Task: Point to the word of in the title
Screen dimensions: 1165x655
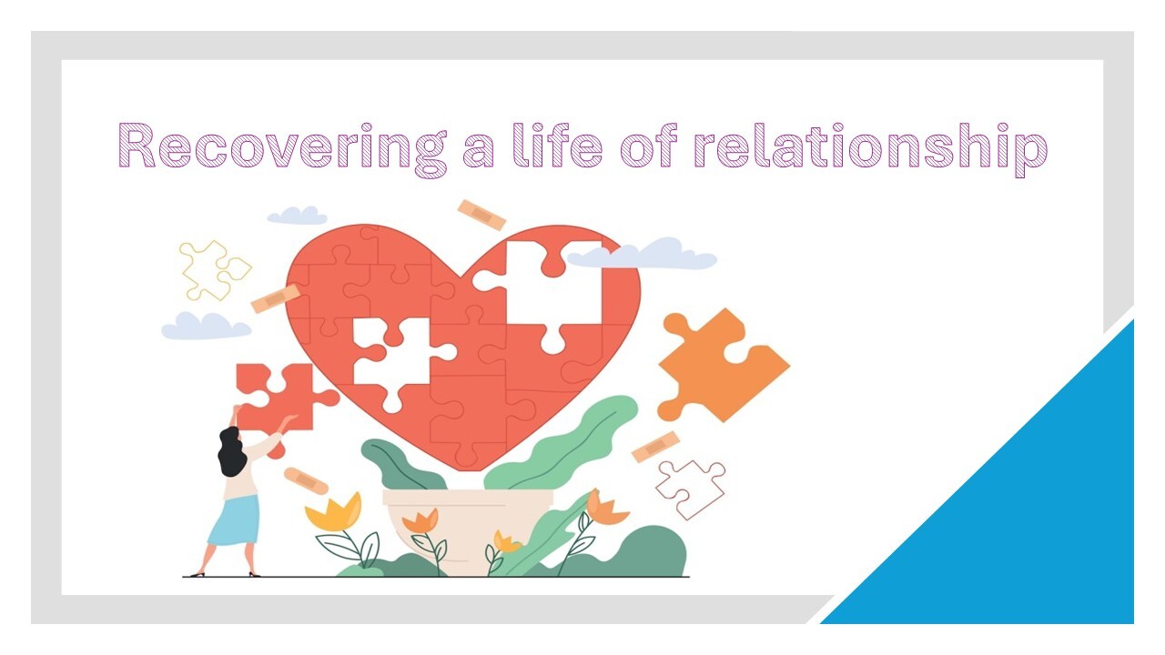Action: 649,145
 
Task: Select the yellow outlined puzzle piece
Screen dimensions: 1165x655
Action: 213,270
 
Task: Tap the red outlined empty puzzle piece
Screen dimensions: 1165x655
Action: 690,489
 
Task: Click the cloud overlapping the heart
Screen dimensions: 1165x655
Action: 643,254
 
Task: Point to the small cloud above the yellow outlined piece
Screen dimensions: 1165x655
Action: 297,216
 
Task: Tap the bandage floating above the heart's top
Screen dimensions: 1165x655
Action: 481,215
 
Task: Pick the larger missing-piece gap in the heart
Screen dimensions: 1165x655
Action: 546,291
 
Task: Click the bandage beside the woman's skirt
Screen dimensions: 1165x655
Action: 306,481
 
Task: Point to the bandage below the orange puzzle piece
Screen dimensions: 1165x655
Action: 655,447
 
